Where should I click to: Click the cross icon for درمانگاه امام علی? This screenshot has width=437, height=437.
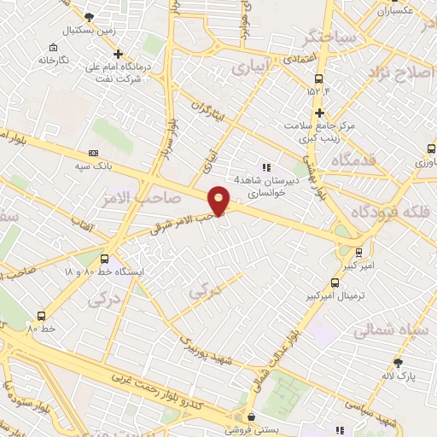(x=119, y=54)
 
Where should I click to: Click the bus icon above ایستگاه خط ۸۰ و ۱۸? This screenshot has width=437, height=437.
(x=104, y=259)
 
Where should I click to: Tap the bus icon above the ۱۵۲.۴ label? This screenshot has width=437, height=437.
(x=311, y=78)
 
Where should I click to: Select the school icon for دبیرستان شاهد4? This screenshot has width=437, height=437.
(x=267, y=168)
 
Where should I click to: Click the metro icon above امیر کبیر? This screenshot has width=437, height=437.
(x=359, y=253)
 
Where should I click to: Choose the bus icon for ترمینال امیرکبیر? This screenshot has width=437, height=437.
(x=334, y=283)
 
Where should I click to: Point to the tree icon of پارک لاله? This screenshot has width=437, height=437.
(x=398, y=362)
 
